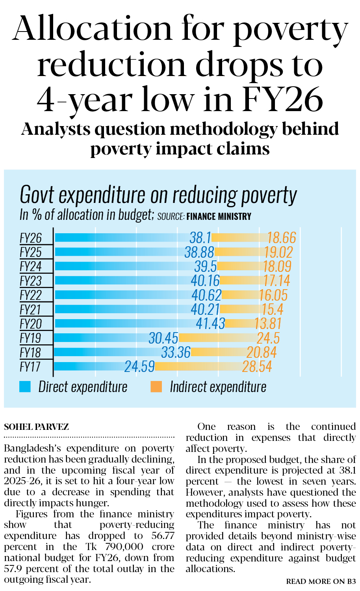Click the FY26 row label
(31, 238)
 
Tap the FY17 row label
(30, 367)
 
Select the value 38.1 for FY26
(200, 238)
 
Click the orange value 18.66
(282, 238)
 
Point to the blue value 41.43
(211, 323)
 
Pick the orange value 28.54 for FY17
(257, 366)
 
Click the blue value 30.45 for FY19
(163, 338)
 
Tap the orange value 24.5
(268, 338)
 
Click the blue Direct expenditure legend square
(25, 387)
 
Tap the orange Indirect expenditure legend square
(156, 387)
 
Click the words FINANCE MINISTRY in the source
(219, 216)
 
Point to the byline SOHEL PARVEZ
(36, 427)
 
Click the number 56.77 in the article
(163, 536)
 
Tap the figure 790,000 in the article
(121, 547)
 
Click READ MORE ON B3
(321, 582)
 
